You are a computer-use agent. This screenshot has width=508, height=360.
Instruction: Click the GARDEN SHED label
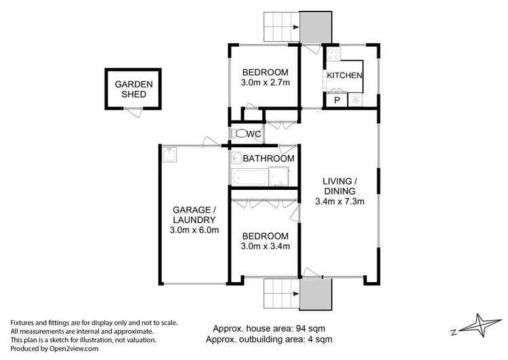tap(134, 89)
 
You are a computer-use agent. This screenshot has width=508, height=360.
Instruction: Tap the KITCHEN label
tap(344, 76)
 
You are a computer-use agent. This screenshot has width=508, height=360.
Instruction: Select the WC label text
tap(253, 134)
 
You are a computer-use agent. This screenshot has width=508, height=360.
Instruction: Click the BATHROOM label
tap(269, 159)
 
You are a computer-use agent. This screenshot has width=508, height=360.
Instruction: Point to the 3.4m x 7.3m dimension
tap(340, 201)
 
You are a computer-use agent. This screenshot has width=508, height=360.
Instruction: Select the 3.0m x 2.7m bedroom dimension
tap(266, 83)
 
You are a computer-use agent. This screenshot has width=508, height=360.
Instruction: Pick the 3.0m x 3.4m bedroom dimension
tap(266, 246)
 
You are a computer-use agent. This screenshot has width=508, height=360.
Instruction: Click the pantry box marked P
tap(335, 100)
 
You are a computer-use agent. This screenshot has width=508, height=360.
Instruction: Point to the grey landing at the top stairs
tap(316, 27)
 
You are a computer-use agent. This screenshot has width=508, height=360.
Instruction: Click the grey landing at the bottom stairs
tap(316, 295)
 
